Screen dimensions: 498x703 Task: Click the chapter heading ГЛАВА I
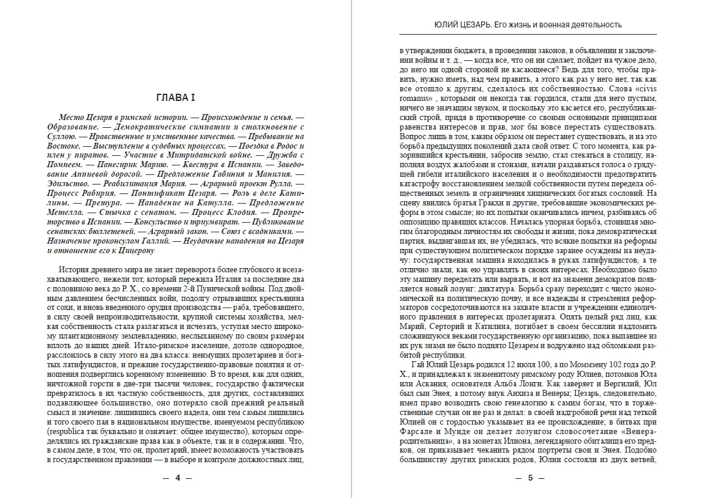pyautogui.click(x=176, y=98)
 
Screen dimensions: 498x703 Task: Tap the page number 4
pyautogui.click(x=177, y=478)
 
